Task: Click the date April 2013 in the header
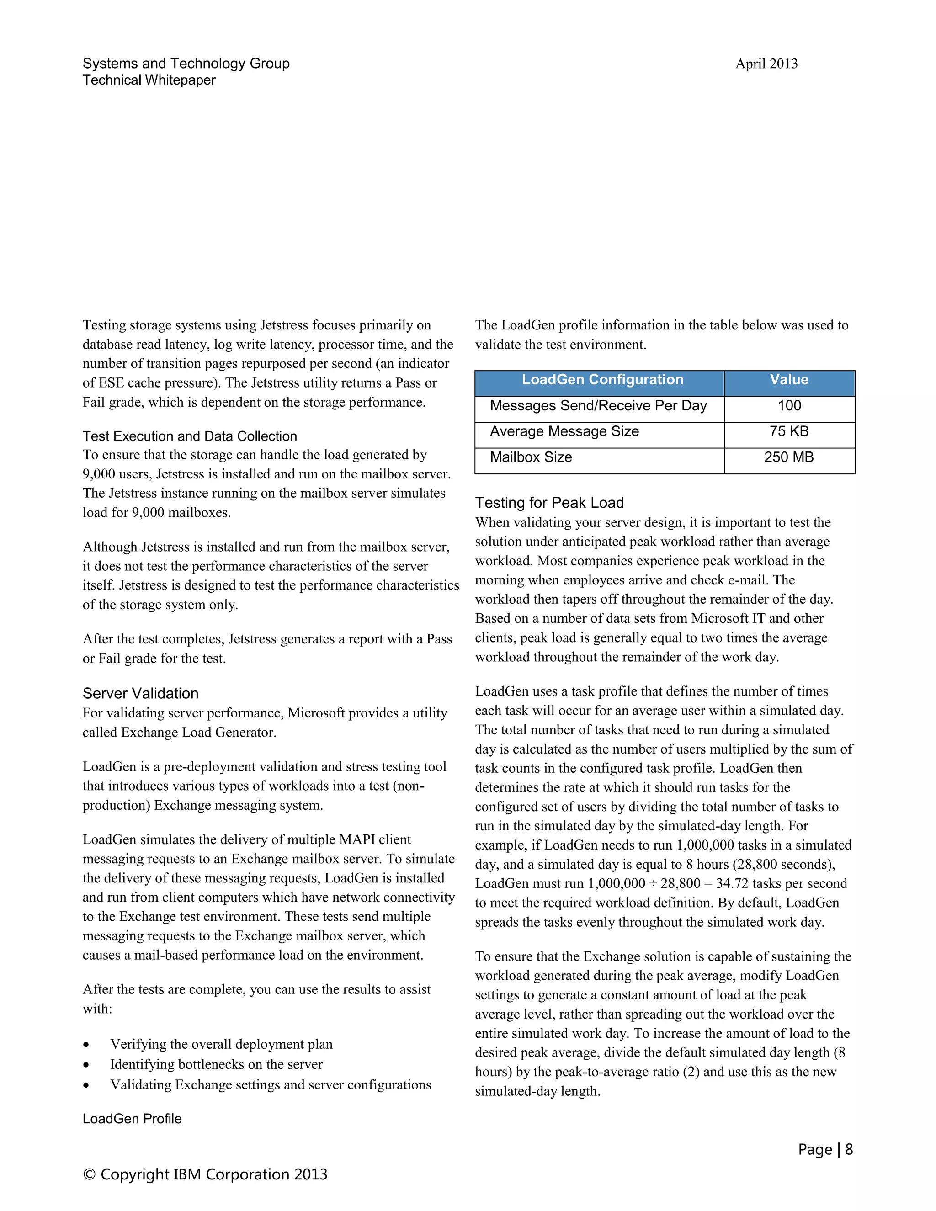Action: (x=766, y=64)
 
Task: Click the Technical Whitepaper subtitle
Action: (x=149, y=80)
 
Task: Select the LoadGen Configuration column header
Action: (x=602, y=380)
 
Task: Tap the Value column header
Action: (x=788, y=380)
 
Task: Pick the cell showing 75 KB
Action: (x=788, y=431)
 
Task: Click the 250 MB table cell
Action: (x=788, y=457)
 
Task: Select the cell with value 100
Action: (x=788, y=406)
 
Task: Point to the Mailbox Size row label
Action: (x=531, y=457)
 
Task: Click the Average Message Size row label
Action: (x=564, y=431)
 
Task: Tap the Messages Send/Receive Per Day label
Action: (x=598, y=406)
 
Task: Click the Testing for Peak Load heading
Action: (x=549, y=503)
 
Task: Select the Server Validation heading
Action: (x=140, y=694)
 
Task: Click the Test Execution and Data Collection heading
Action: (x=190, y=436)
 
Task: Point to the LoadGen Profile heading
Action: (x=132, y=1119)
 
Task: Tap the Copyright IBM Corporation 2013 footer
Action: (x=205, y=1174)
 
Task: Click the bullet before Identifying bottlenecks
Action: (x=86, y=1065)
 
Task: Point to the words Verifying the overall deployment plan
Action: (x=221, y=1044)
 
